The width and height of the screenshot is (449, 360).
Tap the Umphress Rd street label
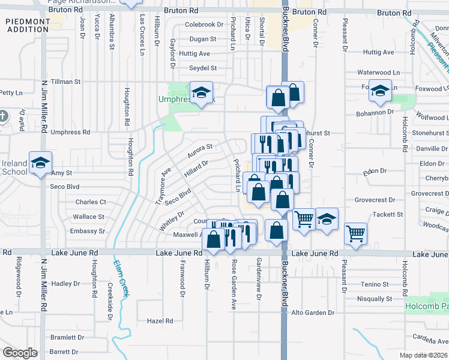70,132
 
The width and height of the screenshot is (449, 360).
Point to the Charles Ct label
91,202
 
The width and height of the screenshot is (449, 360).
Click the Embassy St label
88,231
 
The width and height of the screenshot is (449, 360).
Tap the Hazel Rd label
160,321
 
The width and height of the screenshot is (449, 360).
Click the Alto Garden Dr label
312,313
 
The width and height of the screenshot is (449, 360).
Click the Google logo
20,353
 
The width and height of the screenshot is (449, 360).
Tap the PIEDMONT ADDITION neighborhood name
28,25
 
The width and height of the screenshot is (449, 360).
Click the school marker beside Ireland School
41,163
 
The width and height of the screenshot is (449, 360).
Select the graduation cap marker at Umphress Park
202,92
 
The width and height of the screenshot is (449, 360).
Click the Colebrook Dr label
204,25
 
